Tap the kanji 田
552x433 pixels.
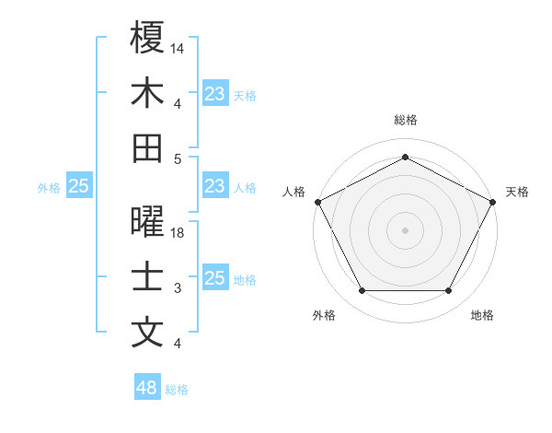pyautogui.click(x=147, y=147)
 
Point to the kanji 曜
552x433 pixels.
pyautogui.click(x=147, y=222)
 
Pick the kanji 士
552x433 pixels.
pyautogui.click(x=147, y=277)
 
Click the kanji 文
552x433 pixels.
pyautogui.click(x=147, y=333)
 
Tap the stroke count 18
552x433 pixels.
pyautogui.click(x=178, y=233)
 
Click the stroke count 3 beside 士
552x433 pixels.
pyautogui.click(x=178, y=288)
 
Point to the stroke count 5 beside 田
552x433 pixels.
pyautogui.click(x=178, y=158)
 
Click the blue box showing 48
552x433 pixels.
pyautogui.click(x=147, y=388)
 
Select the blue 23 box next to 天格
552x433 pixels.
pyautogui.click(x=215, y=93)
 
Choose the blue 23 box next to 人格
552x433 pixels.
pyautogui.click(x=215, y=186)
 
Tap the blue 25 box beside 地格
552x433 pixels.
pyautogui.click(x=215, y=278)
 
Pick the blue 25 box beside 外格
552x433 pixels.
pyautogui.click(x=78, y=186)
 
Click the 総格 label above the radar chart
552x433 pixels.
pyautogui.click(x=406, y=120)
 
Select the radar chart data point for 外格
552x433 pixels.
pyautogui.click(x=362, y=291)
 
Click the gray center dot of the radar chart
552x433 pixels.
pyautogui.click(x=406, y=229)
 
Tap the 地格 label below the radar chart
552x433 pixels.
pyautogui.click(x=482, y=316)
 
